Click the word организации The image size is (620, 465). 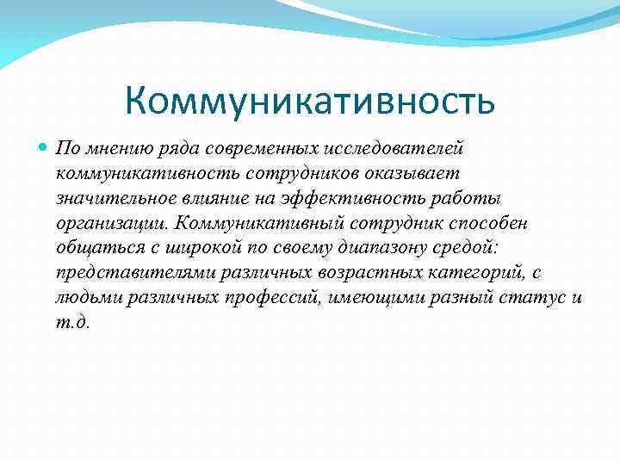(x=110, y=224)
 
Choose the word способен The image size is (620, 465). (x=487, y=224)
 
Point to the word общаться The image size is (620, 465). (x=92, y=249)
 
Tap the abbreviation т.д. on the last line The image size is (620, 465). (x=71, y=323)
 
